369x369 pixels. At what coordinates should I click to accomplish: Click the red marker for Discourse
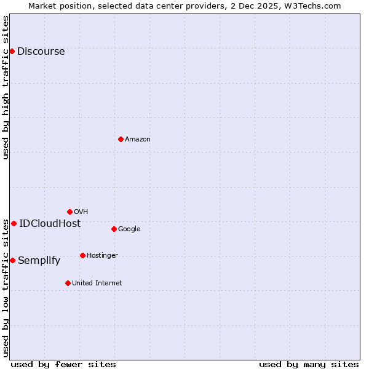point(12,51)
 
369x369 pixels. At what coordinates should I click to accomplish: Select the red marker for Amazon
point(121,139)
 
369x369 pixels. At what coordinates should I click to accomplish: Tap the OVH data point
point(69,212)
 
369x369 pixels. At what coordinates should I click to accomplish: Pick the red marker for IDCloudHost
point(14,223)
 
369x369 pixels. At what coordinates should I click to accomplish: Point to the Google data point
point(114,229)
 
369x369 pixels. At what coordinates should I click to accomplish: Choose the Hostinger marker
point(82,255)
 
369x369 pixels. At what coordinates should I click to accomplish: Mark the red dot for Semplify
point(12,260)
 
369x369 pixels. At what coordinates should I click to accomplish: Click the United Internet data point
point(68,283)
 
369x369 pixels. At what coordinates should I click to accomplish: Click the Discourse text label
point(41,52)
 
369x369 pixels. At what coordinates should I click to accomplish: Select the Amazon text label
point(138,140)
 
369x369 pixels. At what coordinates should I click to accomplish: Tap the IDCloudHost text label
point(50,224)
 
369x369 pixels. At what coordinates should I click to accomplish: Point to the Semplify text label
point(39,261)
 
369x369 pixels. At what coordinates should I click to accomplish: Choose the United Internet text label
point(97,284)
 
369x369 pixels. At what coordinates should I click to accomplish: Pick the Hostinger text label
point(102,256)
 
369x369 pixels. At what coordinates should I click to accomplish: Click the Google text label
point(129,229)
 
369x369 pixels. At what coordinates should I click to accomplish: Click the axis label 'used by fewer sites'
point(63,365)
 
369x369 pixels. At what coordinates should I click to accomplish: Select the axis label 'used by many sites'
point(309,365)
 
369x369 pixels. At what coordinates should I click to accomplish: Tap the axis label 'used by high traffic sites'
point(6,88)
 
